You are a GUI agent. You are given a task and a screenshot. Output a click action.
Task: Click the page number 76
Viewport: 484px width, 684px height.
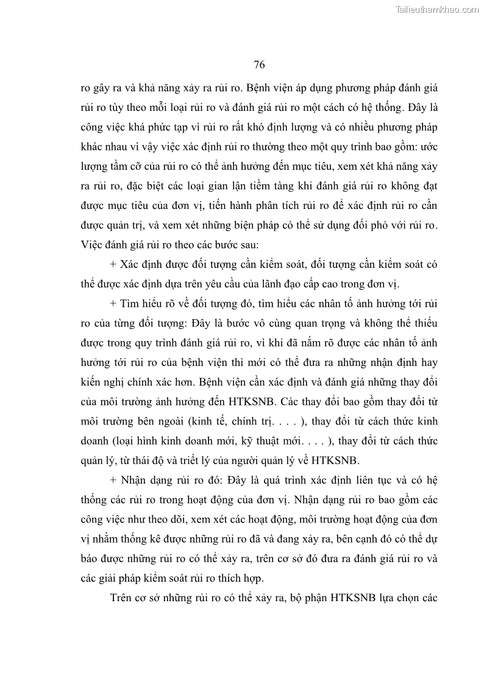(x=258, y=65)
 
